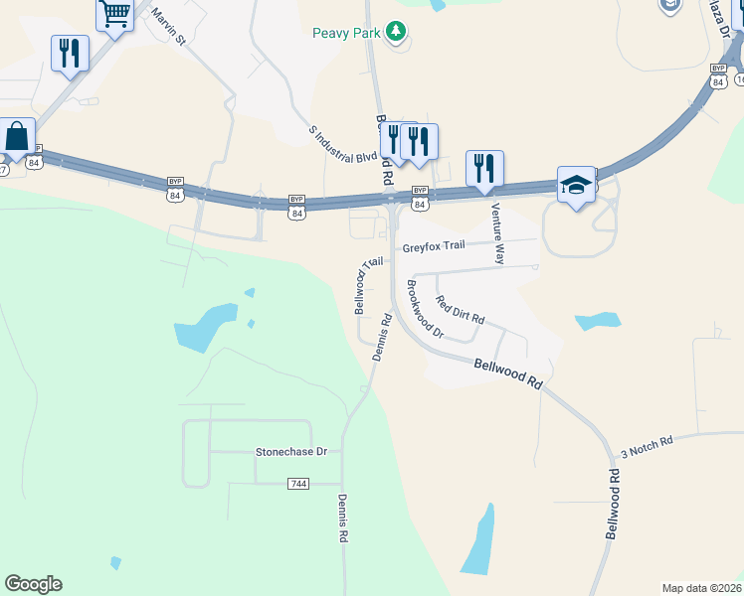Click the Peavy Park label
tap(347, 33)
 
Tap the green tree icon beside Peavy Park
tap(397, 32)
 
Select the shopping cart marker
tap(115, 14)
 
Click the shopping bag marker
tap(17, 137)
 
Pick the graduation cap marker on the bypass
tap(576, 185)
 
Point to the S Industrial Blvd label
tap(343, 145)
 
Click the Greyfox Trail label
tap(434, 248)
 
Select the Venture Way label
tap(496, 233)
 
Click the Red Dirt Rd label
tap(460, 311)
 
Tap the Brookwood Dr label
tap(425, 309)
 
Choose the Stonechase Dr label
tap(291, 451)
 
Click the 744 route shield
tap(298, 483)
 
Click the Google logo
tap(33, 584)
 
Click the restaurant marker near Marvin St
tap(70, 54)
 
